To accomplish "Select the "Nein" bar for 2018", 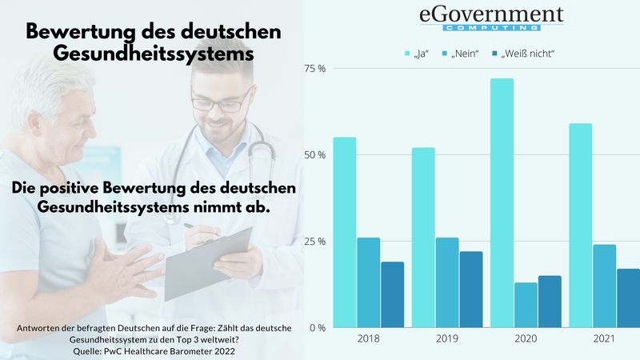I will [x=369, y=282].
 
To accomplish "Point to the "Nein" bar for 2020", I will [x=526, y=305].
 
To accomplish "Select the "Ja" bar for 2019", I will [x=423, y=237].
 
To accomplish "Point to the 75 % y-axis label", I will [x=315, y=69].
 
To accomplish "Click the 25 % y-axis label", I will [x=315, y=242].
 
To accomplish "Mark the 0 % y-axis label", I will [x=317, y=328].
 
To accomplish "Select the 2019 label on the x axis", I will [x=447, y=340].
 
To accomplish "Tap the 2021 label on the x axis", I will [x=604, y=340].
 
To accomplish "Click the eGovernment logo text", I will [x=491, y=16].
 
